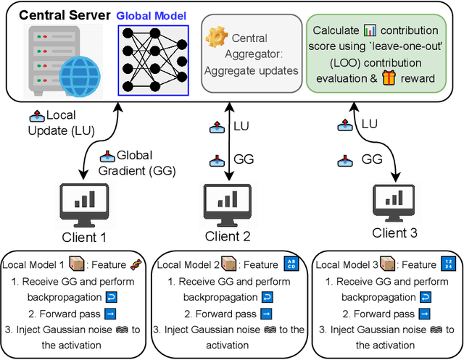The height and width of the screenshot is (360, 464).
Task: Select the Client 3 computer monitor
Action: click(396, 198)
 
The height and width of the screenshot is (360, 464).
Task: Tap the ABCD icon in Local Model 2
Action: click(290, 265)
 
